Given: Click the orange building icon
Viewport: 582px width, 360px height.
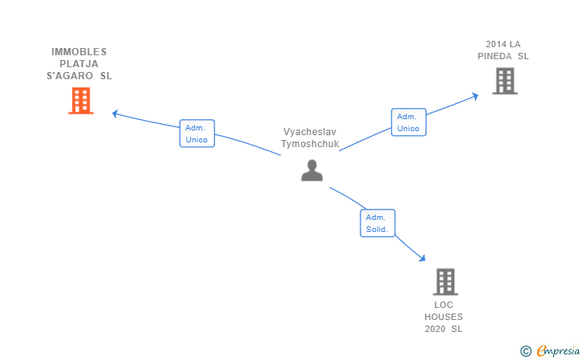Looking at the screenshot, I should (81, 101).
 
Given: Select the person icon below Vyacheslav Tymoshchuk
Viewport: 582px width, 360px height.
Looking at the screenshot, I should (312, 170).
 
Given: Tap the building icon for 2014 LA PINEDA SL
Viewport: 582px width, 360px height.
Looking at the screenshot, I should (504, 82).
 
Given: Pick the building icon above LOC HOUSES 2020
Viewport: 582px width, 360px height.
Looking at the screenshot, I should (445, 282).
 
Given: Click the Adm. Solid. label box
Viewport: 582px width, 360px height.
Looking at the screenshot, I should (377, 223).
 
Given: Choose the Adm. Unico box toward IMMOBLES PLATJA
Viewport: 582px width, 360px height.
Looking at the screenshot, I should (197, 134).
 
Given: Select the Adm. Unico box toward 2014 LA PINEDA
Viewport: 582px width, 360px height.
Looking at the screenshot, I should (409, 122).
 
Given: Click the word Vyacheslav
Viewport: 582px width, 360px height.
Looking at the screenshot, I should (310, 131).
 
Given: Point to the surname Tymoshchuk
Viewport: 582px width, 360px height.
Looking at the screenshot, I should (310, 144).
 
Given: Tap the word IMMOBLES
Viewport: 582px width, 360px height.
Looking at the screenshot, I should (79, 52).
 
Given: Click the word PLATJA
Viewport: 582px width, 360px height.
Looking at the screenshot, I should (79, 64).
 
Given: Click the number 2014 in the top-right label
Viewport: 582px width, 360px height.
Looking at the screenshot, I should (496, 44).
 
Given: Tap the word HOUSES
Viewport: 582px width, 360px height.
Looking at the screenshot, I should (444, 317).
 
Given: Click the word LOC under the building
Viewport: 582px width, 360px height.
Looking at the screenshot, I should (444, 305).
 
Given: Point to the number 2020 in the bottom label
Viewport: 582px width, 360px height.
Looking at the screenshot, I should (435, 329).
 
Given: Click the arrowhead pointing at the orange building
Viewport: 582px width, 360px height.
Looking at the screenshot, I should (116, 114).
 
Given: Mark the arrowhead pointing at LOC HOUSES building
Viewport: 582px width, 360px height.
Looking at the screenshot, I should (421, 258).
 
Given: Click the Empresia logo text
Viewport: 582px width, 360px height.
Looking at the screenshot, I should (556, 350).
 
